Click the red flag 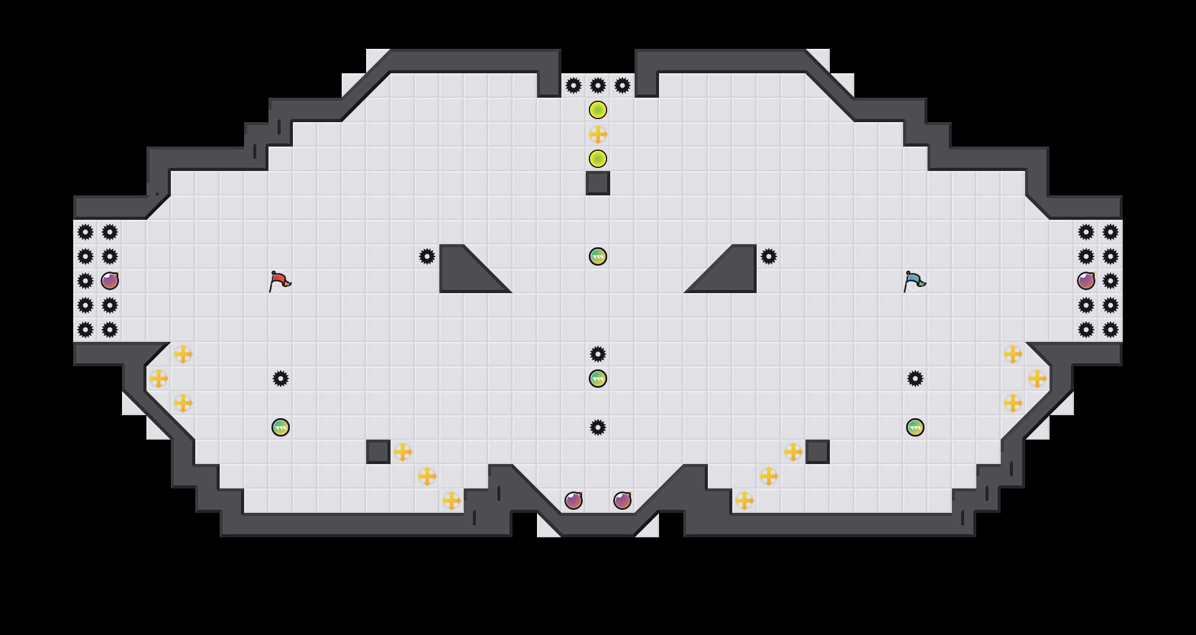279,281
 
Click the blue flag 914,281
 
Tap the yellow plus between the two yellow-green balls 598,134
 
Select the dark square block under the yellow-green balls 598,183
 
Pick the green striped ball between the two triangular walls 598,256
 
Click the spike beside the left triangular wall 427,256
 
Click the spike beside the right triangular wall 769,256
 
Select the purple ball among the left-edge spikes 110,281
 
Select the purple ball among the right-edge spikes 1086,281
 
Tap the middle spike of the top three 598,85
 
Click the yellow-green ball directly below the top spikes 598,110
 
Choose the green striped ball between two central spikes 598,379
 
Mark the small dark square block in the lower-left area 378,452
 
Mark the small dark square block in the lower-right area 818,452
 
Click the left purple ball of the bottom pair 574,501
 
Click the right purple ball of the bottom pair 622,501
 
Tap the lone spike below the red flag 281,379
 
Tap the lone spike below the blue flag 915,379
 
